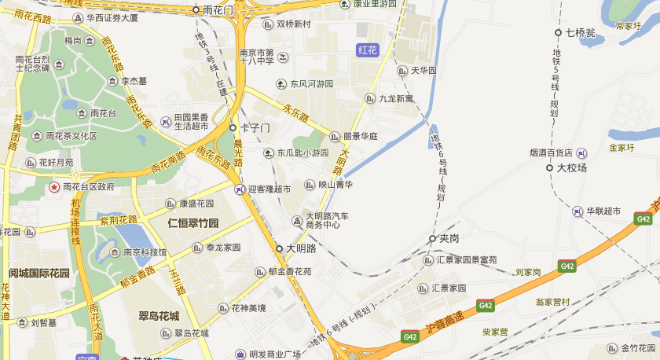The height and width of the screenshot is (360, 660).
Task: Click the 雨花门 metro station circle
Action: (x=196, y=10)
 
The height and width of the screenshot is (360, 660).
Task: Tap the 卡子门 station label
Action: (x=255, y=127)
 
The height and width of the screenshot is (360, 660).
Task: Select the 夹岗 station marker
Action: (x=432, y=238)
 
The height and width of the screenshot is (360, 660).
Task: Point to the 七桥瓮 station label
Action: (x=581, y=33)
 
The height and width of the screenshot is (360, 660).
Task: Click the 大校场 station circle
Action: (x=550, y=167)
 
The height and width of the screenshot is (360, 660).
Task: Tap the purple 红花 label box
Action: (x=368, y=50)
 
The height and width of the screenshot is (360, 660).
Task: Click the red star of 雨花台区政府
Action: (x=53, y=187)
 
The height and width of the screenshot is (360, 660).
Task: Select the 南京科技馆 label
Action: (x=145, y=252)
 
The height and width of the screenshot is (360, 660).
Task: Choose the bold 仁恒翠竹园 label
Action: (x=193, y=223)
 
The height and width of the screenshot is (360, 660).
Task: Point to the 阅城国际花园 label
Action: (x=39, y=274)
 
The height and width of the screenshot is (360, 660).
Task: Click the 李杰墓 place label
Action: (x=134, y=80)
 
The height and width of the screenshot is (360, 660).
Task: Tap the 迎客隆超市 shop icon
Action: (x=239, y=189)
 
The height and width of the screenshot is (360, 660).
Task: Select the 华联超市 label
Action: (x=603, y=211)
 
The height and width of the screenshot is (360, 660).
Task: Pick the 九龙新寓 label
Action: (x=396, y=98)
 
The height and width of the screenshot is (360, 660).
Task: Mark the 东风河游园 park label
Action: (x=312, y=84)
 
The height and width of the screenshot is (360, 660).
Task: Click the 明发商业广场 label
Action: (x=275, y=354)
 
